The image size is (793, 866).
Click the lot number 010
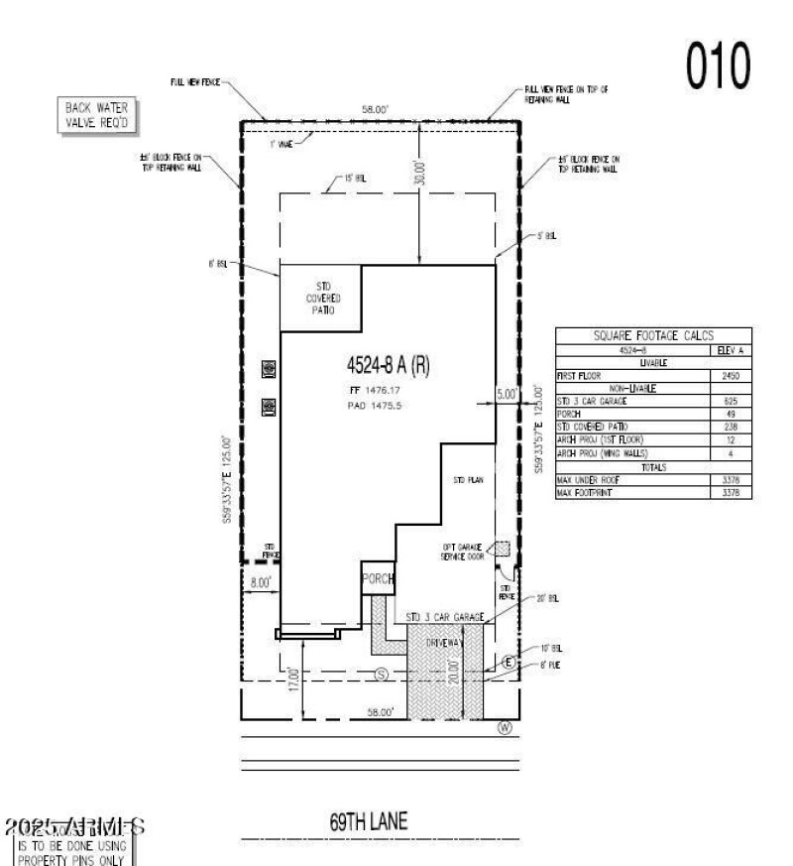713,65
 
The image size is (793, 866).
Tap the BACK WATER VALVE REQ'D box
97,115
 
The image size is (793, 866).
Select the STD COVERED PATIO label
321,298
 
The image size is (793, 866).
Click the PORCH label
378,578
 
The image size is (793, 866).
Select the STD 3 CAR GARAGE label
445,617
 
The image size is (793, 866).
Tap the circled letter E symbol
509,662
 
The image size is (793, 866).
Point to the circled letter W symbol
505,727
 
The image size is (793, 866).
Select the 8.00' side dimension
261,583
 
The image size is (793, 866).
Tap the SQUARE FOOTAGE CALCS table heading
654,336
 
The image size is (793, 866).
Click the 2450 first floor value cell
732,376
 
